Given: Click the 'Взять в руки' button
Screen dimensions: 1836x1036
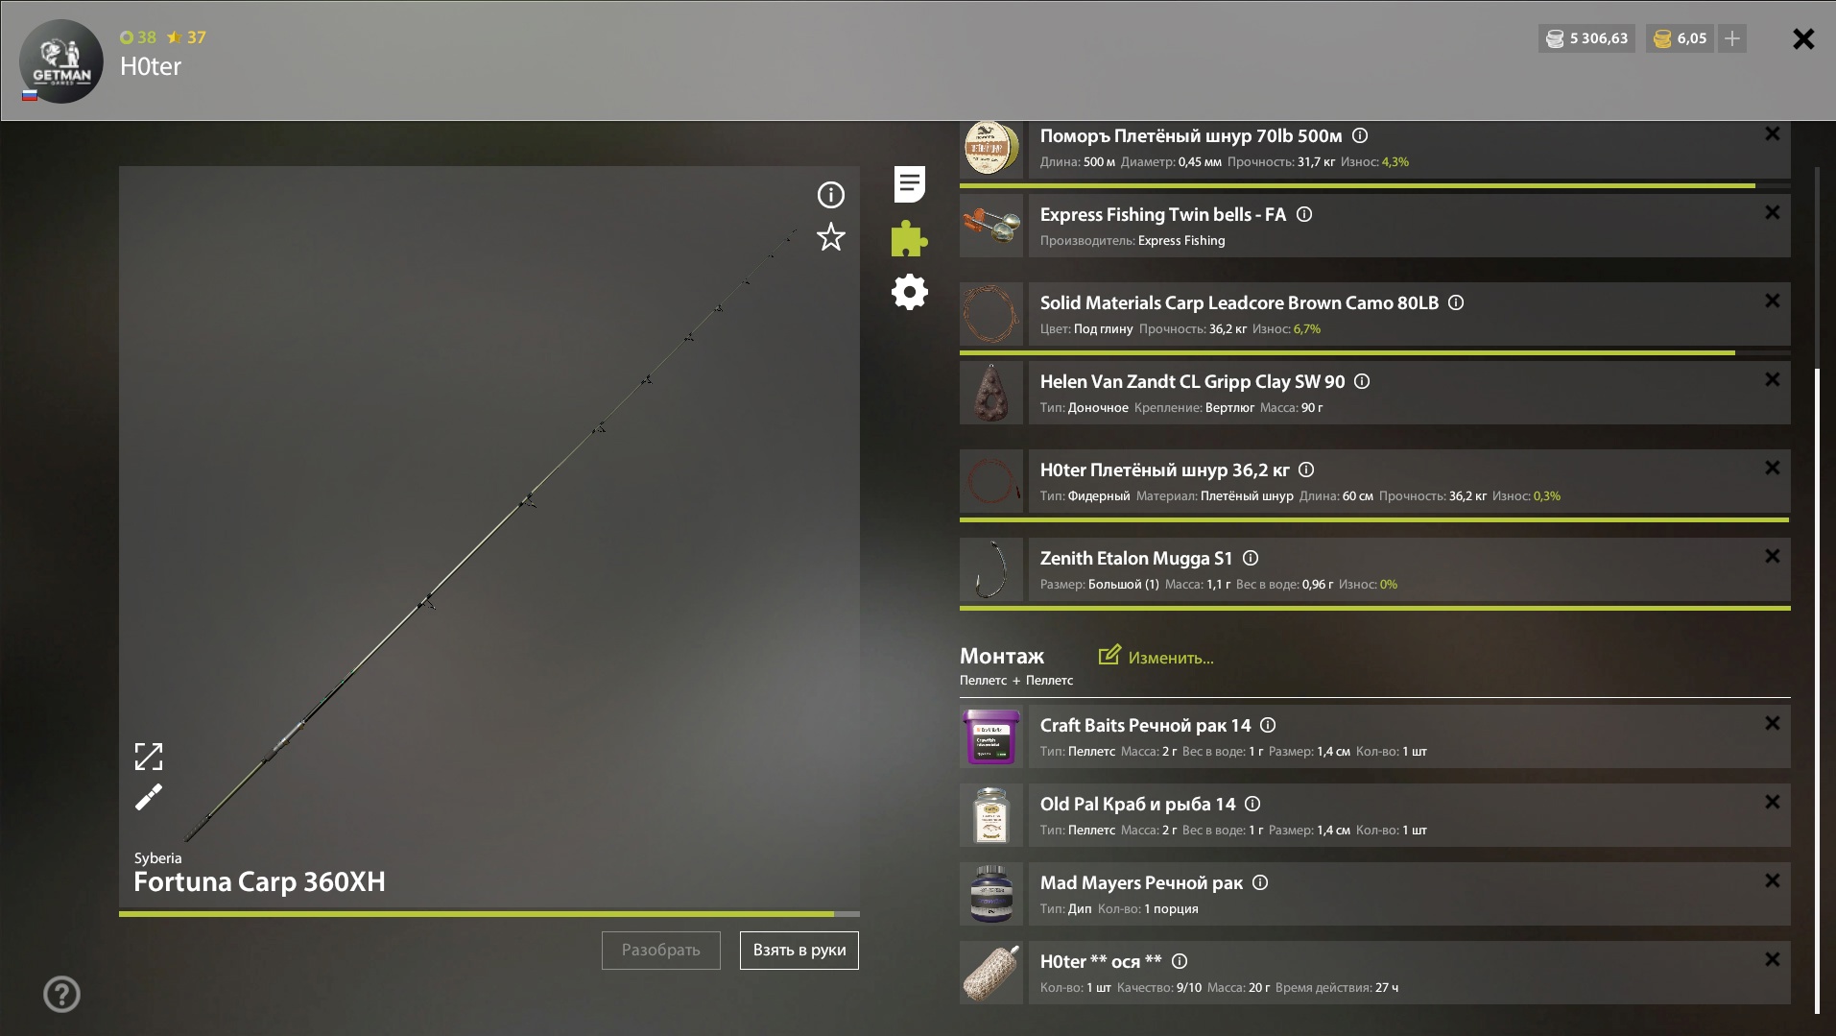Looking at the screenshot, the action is point(799,951).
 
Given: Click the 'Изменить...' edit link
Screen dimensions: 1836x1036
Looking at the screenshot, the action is point(1156,657).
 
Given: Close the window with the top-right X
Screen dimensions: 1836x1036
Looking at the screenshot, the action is point(1803,38).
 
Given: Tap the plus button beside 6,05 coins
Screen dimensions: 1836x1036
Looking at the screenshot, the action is point(1732,38).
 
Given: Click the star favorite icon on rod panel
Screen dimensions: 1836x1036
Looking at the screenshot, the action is point(831,237).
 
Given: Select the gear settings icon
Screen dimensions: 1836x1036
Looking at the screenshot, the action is point(910,292).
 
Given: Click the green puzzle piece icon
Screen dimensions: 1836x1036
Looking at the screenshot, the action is point(909,238).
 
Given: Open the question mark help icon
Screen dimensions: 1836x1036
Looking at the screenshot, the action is point(61,995).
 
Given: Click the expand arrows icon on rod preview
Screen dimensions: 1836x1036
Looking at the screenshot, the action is point(149,757).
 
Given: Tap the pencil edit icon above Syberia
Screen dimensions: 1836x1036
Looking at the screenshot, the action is point(149,797).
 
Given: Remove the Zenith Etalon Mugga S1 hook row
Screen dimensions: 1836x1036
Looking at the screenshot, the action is point(1773,556).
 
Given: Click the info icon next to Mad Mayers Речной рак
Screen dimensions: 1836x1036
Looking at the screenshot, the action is point(1260,882).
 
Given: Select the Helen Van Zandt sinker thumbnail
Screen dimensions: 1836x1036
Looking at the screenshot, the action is point(991,393).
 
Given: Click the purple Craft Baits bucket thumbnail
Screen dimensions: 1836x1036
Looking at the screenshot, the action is point(991,736).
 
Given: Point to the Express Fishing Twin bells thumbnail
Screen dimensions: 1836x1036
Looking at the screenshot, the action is point(991,226).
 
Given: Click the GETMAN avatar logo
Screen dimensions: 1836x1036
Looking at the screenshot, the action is point(61,61).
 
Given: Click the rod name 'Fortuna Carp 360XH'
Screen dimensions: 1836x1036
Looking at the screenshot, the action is point(259,881).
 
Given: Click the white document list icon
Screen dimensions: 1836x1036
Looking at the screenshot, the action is point(910,183).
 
